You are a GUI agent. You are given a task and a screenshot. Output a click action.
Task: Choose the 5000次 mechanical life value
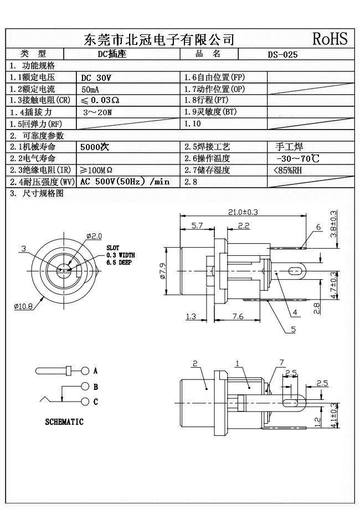tap(95, 147)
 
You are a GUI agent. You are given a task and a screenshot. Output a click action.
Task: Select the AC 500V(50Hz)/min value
tap(125, 182)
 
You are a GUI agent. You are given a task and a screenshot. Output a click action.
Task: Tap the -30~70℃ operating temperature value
tap(297, 159)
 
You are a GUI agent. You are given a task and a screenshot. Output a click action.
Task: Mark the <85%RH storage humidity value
tap(288, 170)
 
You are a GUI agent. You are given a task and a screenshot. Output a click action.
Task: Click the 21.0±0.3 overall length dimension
tap(244, 212)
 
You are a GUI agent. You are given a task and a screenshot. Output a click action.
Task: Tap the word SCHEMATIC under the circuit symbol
tap(64, 422)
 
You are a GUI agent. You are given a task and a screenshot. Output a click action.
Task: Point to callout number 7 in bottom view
tap(281, 362)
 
